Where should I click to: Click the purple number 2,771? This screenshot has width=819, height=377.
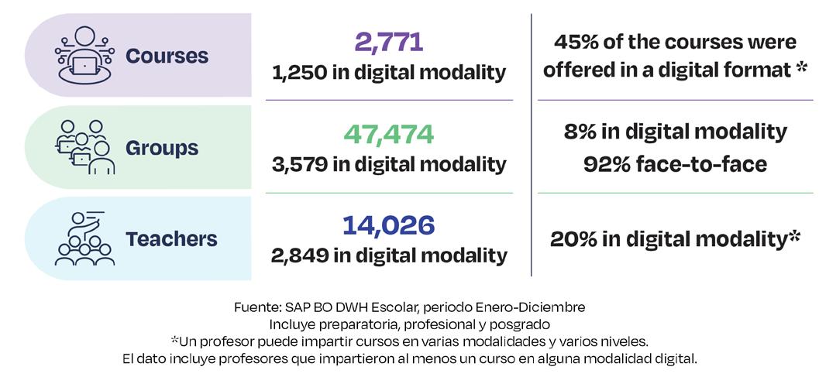(389, 42)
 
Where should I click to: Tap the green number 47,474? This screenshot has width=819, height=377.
(389, 134)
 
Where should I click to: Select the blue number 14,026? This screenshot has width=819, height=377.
(389, 225)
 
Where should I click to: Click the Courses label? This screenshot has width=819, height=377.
(167, 57)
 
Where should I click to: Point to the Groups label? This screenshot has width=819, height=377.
(161, 148)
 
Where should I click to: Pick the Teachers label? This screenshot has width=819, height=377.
(171, 239)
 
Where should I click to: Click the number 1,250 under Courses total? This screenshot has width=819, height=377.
(297, 73)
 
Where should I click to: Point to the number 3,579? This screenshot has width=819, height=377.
(297, 164)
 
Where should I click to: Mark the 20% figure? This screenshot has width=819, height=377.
(570, 240)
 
